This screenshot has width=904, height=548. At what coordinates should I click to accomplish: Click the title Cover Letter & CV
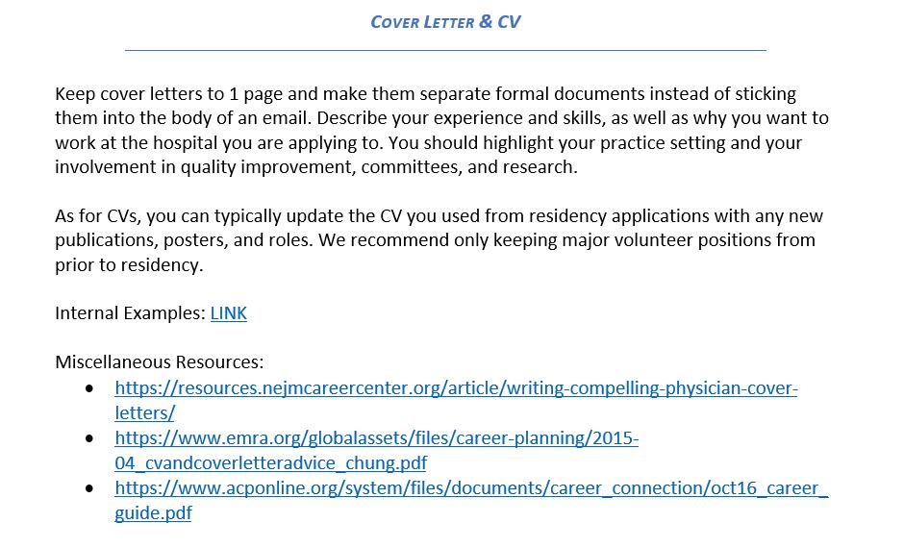[445, 21]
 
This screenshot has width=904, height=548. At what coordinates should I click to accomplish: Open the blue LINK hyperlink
[228, 313]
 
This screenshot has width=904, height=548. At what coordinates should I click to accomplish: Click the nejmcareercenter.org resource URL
[456, 388]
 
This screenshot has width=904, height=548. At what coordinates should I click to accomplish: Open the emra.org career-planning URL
[376, 438]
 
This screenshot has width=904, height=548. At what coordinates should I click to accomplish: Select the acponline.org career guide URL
[470, 488]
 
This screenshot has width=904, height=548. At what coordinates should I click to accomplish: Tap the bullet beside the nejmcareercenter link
[90, 388]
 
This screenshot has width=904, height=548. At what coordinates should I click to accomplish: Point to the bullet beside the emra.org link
[90, 438]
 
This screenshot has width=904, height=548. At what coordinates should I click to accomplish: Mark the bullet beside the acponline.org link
[90, 488]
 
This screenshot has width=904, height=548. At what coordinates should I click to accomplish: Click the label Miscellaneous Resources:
[159, 362]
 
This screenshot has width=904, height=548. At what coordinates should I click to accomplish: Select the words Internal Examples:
[130, 313]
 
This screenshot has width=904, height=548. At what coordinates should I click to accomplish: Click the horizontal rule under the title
[445, 49]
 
